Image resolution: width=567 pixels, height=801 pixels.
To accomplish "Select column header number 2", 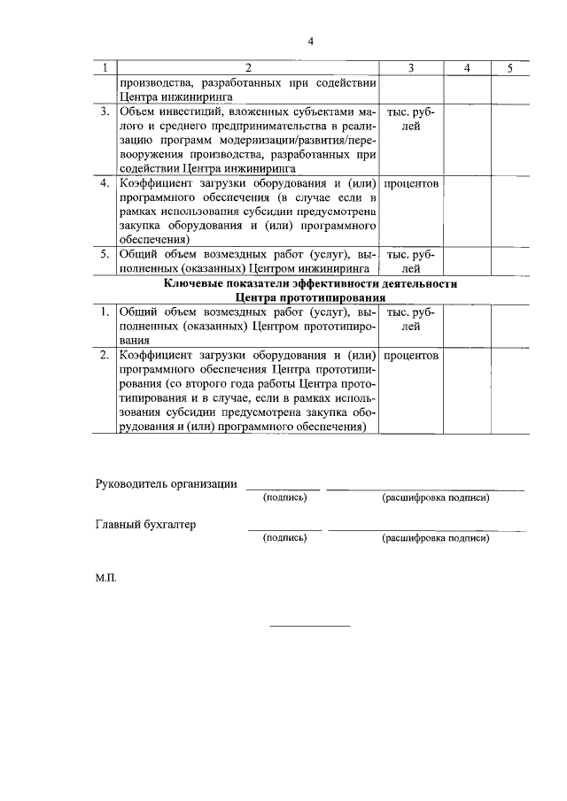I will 248,68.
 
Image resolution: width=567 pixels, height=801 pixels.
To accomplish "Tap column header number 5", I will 510,68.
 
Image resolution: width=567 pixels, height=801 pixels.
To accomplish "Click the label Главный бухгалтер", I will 144,524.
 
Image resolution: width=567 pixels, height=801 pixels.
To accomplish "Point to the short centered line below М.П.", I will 309,626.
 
